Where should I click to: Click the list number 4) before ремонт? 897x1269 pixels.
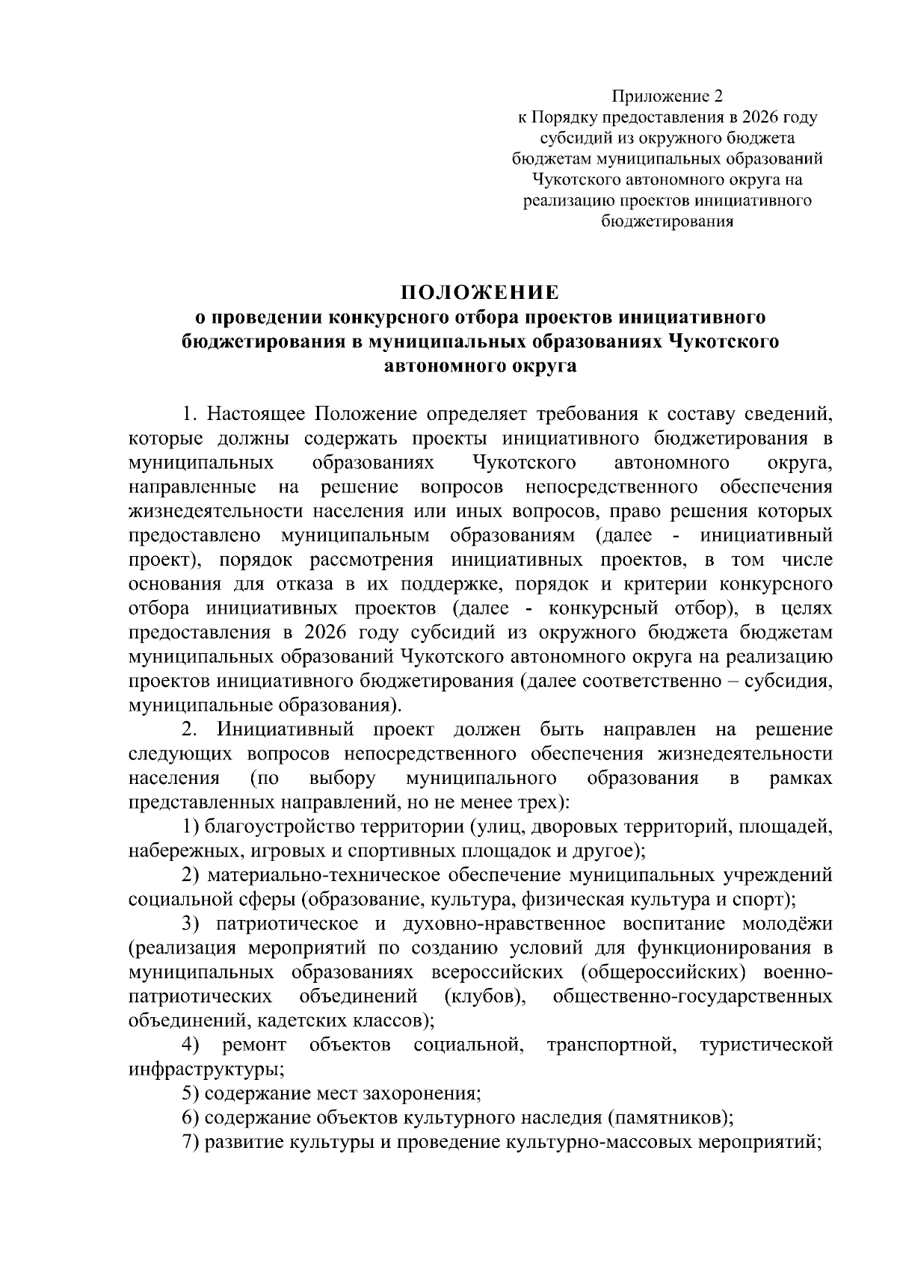(191, 1045)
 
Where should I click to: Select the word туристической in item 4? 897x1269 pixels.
(765, 1045)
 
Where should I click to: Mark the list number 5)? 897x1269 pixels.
(191, 1094)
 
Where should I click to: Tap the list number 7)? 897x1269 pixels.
(191, 1143)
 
